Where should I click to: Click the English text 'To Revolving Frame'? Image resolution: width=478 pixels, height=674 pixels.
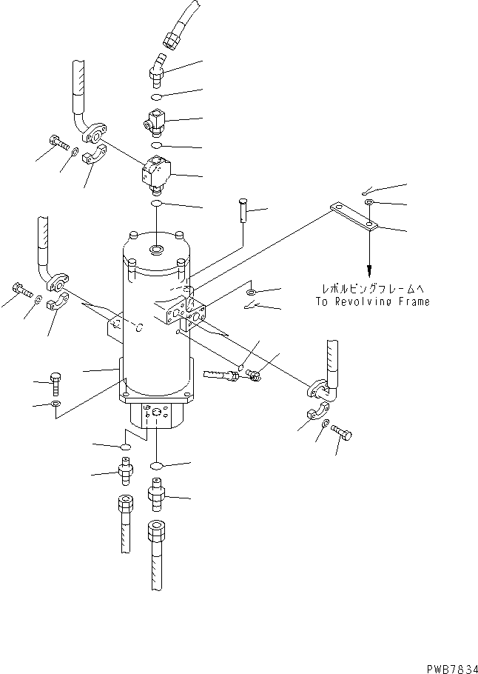click(371, 301)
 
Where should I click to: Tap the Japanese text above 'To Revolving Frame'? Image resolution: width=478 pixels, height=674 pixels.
click(371, 289)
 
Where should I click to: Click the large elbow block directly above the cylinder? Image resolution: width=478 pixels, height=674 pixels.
click(157, 175)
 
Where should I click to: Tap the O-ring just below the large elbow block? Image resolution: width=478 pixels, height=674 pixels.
click(157, 204)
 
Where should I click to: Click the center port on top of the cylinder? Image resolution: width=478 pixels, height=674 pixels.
click(156, 250)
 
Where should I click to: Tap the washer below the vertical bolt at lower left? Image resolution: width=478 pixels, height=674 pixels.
click(56, 404)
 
